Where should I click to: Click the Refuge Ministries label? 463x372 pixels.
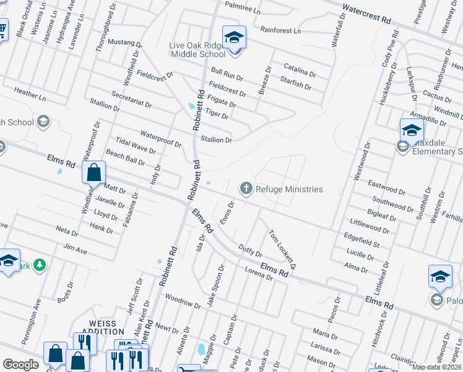tap(289, 189)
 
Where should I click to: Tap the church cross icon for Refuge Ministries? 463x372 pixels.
tap(246, 188)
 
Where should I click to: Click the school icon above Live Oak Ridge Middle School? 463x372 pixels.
tap(234, 38)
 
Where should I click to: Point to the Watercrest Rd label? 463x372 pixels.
tap(366, 15)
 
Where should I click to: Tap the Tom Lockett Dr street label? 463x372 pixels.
tap(282, 250)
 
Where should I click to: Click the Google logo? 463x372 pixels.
tap(20, 365)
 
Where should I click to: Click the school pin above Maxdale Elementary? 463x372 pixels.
tap(412, 131)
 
